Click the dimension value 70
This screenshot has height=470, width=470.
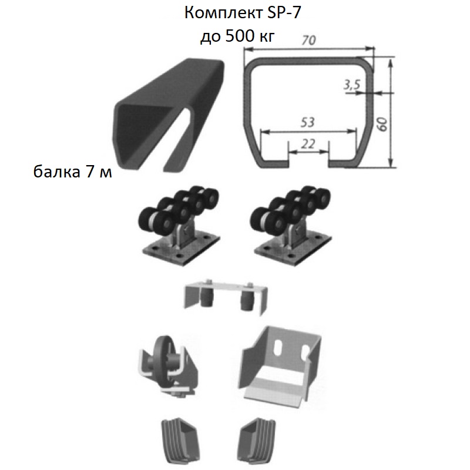point(307,42)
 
